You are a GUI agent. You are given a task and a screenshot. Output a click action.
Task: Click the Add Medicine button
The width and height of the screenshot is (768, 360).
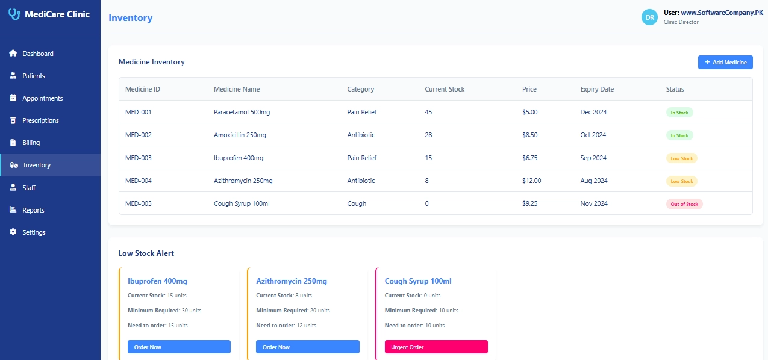[725, 62]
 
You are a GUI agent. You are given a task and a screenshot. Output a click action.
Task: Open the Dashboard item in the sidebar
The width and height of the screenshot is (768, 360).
[37, 54]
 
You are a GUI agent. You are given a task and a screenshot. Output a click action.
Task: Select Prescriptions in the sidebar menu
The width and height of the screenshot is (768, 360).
[40, 120]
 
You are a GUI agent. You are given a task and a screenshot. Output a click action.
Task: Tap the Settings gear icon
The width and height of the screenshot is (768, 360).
[13, 232]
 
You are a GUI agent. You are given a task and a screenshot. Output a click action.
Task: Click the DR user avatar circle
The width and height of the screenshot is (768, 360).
[650, 17]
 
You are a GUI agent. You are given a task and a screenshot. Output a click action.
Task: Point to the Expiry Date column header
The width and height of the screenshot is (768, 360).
[597, 89]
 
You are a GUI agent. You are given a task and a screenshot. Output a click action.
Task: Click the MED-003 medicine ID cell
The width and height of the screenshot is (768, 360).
[138, 158]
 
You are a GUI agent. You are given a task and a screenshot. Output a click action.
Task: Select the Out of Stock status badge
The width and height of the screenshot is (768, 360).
[684, 204]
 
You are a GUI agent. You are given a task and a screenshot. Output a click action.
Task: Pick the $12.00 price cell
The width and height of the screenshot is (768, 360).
[531, 181]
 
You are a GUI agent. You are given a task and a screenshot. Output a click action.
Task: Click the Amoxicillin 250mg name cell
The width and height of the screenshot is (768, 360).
[240, 135]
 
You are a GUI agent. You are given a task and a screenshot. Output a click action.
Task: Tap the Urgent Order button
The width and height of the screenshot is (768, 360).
[436, 347]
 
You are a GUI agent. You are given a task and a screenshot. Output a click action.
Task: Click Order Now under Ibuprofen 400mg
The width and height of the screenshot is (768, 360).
[179, 347]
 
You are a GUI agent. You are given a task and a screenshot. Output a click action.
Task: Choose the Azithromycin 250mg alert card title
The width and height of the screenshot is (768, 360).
[292, 281]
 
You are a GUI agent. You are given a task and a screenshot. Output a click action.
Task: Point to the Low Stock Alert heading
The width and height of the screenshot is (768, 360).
[146, 253]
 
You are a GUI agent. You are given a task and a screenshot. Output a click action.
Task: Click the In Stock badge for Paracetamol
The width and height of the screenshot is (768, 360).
[679, 113]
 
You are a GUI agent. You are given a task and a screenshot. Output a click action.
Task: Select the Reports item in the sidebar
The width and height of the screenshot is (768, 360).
[33, 210]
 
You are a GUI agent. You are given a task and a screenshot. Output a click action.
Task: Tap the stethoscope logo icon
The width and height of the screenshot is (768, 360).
[14, 14]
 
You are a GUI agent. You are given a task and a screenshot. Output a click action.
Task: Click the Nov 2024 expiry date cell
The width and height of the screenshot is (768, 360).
[593, 203]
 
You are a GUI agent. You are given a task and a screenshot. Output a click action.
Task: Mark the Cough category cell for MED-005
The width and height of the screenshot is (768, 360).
[357, 203]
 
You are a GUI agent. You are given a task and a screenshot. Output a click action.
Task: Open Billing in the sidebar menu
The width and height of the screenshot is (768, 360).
[31, 143]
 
